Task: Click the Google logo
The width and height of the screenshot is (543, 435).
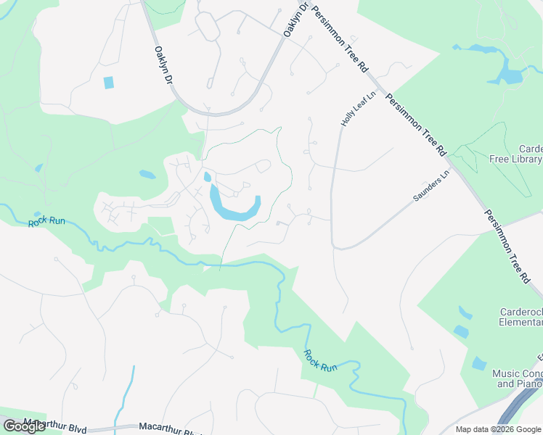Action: click(x=24, y=426)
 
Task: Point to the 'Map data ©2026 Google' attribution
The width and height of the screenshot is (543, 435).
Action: click(x=499, y=429)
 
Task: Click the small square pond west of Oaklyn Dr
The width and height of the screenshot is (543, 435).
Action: click(x=109, y=83)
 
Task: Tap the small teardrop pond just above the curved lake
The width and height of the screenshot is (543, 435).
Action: click(x=208, y=176)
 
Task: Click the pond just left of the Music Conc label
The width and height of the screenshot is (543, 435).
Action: click(x=478, y=363)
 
